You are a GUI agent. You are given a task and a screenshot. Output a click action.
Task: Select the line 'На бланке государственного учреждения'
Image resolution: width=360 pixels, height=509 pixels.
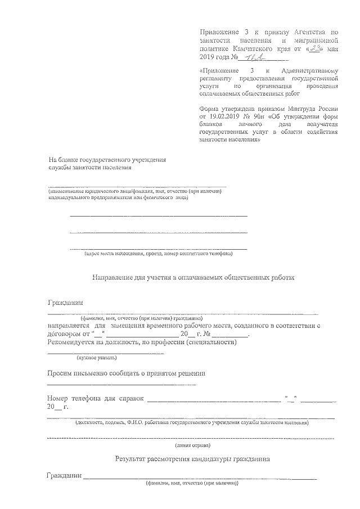pyautogui.click(x=107, y=159)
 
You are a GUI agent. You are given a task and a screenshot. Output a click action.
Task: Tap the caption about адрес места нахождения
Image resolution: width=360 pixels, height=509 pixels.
pyautogui.click(x=157, y=254)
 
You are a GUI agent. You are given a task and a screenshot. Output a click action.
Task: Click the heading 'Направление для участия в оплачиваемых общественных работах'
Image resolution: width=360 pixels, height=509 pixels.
pyautogui.click(x=193, y=277)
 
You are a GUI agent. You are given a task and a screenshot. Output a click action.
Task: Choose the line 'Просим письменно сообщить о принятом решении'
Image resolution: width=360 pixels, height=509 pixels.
pyautogui.click(x=127, y=373)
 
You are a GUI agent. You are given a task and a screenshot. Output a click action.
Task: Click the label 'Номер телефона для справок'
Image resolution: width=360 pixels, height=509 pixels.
pyautogui.click(x=96, y=399)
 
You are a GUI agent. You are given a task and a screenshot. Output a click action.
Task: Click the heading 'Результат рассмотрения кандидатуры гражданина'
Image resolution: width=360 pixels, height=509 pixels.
pyautogui.click(x=192, y=459)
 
